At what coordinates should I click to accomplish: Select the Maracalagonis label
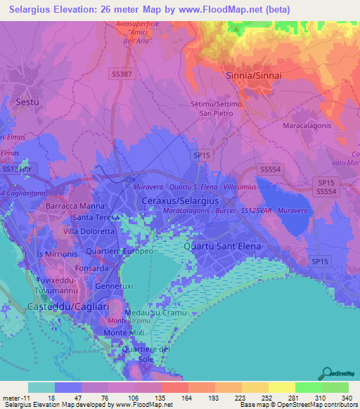point(311,126)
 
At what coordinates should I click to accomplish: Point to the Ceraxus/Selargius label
point(169,201)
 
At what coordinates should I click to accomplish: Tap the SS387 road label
point(123,73)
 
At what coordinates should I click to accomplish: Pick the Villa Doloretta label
point(89,231)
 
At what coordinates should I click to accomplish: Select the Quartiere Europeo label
point(119,251)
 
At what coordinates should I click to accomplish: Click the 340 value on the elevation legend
point(347,397)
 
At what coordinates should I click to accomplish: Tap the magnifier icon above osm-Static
point(327,373)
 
